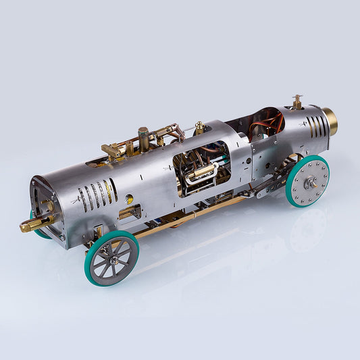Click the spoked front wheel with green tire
(111, 257)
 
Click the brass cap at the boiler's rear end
(329, 121)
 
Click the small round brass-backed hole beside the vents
(128, 199)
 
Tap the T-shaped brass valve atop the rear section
(297, 102)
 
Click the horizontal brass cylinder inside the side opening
(201, 173)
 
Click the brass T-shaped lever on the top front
(111, 150)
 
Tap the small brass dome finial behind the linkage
(199, 127)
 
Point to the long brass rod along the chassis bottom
(189, 215)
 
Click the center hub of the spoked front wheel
(113, 260)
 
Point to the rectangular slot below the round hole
(129, 214)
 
